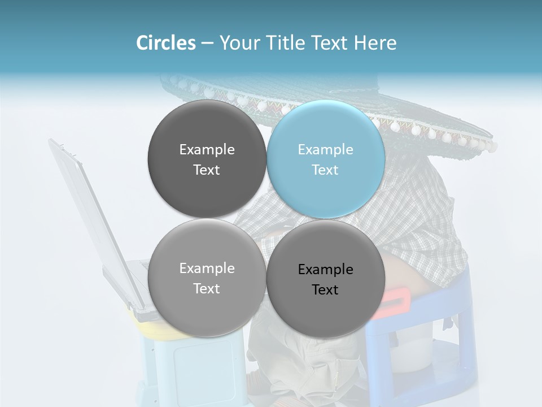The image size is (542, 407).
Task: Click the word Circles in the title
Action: click(165, 43)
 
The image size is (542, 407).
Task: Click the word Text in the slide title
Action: click(330, 43)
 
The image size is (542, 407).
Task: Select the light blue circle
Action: click(326, 159)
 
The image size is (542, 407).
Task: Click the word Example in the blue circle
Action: click(325, 150)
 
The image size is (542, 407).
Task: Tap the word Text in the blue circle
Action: click(325, 170)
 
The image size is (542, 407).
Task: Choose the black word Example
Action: click(325, 270)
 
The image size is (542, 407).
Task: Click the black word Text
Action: click(325, 290)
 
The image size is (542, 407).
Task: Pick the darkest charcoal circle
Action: click(207, 159)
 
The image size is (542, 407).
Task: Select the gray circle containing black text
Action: click(326, 279)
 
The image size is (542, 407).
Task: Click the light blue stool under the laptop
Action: click(192, 367)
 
